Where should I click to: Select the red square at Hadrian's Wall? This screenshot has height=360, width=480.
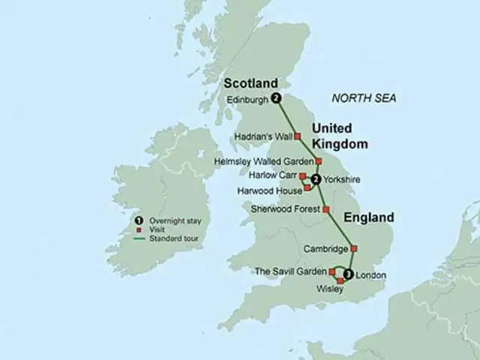pyautogui.click(x=297, y=136)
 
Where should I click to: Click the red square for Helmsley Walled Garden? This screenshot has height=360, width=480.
pyautogui.click(x=318, y=160)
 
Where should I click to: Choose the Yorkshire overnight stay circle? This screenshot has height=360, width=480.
pyautogui.click(x=316, y=179)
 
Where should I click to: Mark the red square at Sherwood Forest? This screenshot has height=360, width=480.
pyautogui.click(x=325, y=209)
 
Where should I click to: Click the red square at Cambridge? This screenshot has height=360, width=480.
pyautogui.click(x=355, y=249)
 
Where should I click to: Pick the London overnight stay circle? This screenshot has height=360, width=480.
pyautogui.click(x=347, y=273)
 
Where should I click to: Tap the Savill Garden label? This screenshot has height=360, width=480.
pyautogui.click(x=289, y=271)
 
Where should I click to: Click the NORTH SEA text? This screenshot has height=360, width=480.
pyautogui.click(x=365, y=99)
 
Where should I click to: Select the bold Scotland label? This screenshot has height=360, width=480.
pyautogui.click(x=250, y=82)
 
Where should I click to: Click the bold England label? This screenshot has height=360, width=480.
pyautogui.click(x=368, y=217)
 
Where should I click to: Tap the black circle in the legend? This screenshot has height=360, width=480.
pyautogui.click(x=139, y=220)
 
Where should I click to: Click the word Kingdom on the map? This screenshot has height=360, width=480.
pyautogui.click(x=340, y=142)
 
